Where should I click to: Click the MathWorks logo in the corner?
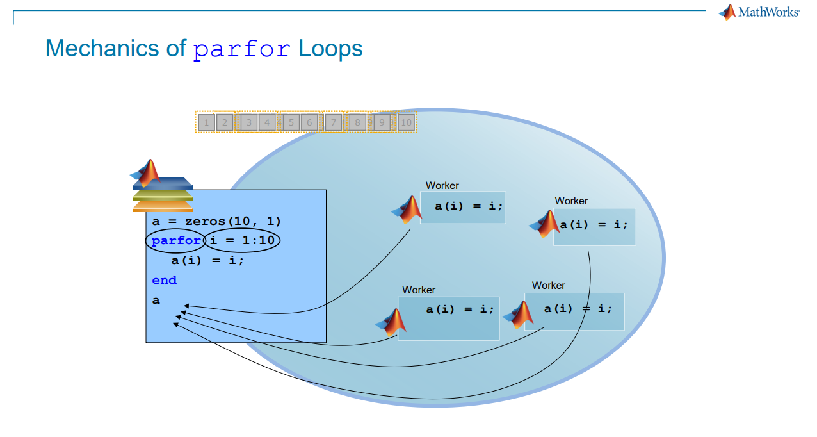tap(759, 12)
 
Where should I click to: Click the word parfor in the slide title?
tap(242, 49)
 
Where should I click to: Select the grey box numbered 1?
tap(206, 122)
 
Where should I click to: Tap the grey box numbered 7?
tap(333, 122)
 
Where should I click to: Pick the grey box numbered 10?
tap(406, 122)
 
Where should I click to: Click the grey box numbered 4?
tap(268, 122)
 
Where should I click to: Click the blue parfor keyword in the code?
tap(176, 241)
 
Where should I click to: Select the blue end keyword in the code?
tap(164, 280)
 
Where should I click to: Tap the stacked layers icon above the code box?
tap(163, 194)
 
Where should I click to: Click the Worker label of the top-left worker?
tap(442, 186)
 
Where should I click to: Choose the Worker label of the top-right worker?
tap(571, 201)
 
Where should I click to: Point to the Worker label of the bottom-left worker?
tap(419, 290)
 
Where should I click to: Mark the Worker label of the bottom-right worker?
tap(548, 286)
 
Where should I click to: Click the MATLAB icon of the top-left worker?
tap(408, 210)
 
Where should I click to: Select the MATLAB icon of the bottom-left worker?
tap(392, 322)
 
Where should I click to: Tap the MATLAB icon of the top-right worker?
tap(545, 224)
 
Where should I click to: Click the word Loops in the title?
tap(330, 49)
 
